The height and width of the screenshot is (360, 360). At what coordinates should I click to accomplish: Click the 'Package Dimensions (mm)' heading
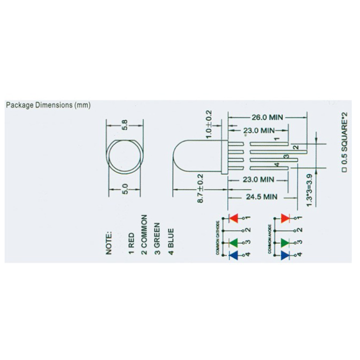(48, 105)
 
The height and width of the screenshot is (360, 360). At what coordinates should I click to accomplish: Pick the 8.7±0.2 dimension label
(200, 188)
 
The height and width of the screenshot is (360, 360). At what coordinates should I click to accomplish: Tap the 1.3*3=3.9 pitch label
(309, 190)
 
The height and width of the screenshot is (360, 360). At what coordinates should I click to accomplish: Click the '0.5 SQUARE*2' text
(344, 142)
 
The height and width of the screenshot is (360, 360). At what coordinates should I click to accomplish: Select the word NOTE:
(109, 243)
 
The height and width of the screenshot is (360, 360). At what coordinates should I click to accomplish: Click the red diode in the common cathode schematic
(232, 218)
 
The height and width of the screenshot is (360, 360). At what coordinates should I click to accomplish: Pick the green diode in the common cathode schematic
(232, 243)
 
